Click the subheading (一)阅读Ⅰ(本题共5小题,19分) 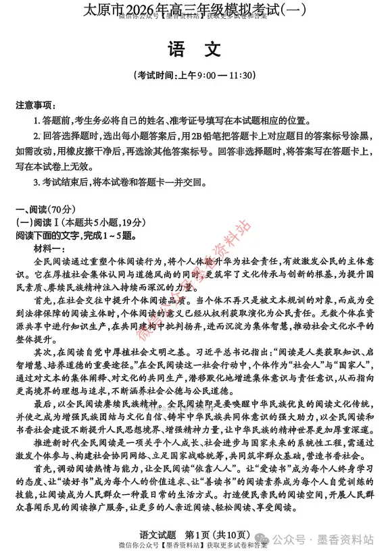coord(82,223)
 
